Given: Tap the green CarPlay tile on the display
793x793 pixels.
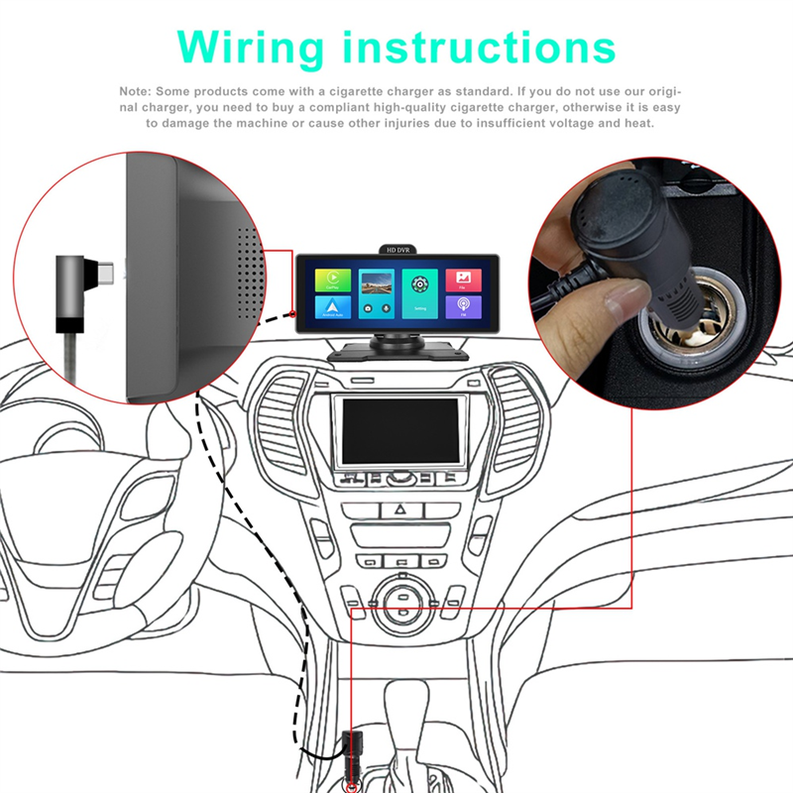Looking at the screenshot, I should tap(332, 281).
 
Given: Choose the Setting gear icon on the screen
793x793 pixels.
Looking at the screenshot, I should tap(419, 284).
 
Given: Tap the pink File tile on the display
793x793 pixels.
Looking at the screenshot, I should tap(463, 281).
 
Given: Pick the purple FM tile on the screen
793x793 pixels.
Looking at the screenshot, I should tap(463, 306).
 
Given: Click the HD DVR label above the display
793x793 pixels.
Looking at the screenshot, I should tap(397, 251).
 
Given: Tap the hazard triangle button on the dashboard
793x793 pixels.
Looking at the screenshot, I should tap(401, 510).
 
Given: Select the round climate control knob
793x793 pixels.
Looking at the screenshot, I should tap(401, 605).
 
